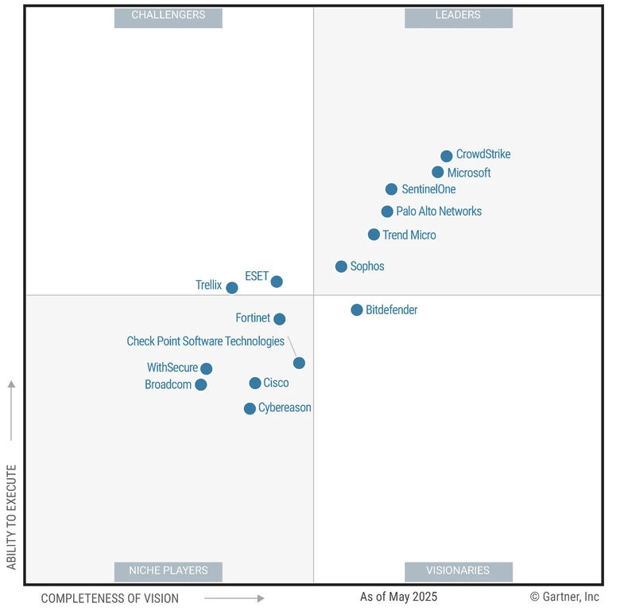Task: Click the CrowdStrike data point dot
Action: click(447, 156)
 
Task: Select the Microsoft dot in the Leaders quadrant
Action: click(438, 173)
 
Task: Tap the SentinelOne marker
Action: click(391, 189)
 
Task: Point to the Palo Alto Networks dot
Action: click(387, 212)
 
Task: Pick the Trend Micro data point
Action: click(374, 235)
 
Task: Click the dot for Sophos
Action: click(341, 267)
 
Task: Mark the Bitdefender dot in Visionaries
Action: click(357, 310)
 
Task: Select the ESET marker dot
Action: click(277, 282)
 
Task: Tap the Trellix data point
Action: click(231, 288)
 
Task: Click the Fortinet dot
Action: click(279, 319)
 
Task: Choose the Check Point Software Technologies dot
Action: click(299, 363)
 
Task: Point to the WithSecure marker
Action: click(206, 368)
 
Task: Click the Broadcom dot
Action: click(201, 385)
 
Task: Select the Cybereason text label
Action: click(285, 408)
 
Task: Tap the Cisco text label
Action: click(276, 383)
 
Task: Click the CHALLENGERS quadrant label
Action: click(168, 15)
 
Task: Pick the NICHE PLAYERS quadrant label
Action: click(168, 570)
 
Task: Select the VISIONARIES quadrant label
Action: click(458, 570)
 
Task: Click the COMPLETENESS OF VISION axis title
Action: click(110, 598)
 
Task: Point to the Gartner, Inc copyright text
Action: click(564, 597)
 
